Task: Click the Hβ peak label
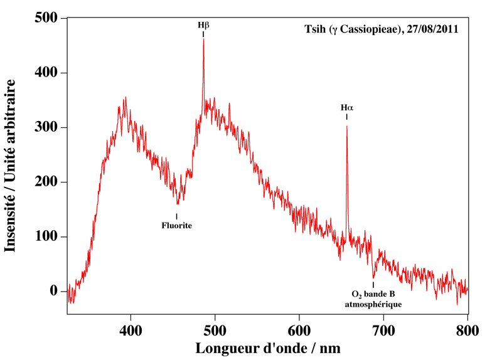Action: coord(203,26)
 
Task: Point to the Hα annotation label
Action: coord(347,108)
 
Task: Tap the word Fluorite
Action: coord(176,225)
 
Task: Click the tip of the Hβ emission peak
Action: coord(203,39)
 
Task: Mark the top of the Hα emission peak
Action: coord(346,126)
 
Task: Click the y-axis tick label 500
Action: coord(45,19)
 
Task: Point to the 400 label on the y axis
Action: coord(45,73)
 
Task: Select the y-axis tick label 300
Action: coord(45,128)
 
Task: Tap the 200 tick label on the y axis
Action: coord(45,183)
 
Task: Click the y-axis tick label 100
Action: coord(45,237)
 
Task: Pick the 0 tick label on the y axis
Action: coord(55,292)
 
